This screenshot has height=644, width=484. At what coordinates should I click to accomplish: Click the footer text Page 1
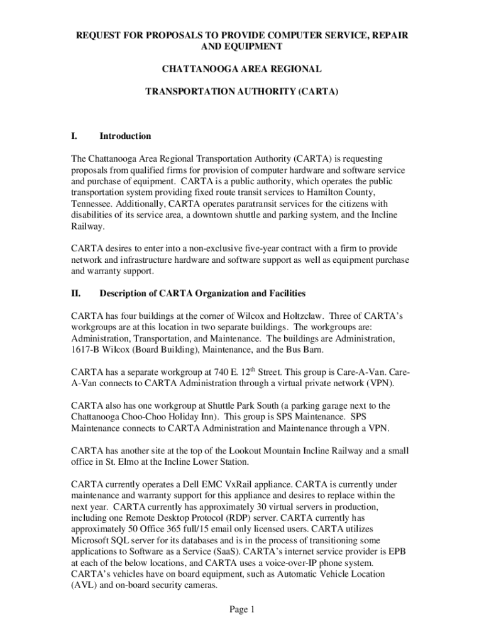point(241,609)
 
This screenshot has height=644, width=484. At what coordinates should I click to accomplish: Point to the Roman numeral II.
point(76,293)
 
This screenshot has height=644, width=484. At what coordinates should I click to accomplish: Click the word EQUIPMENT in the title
point(241,47)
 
